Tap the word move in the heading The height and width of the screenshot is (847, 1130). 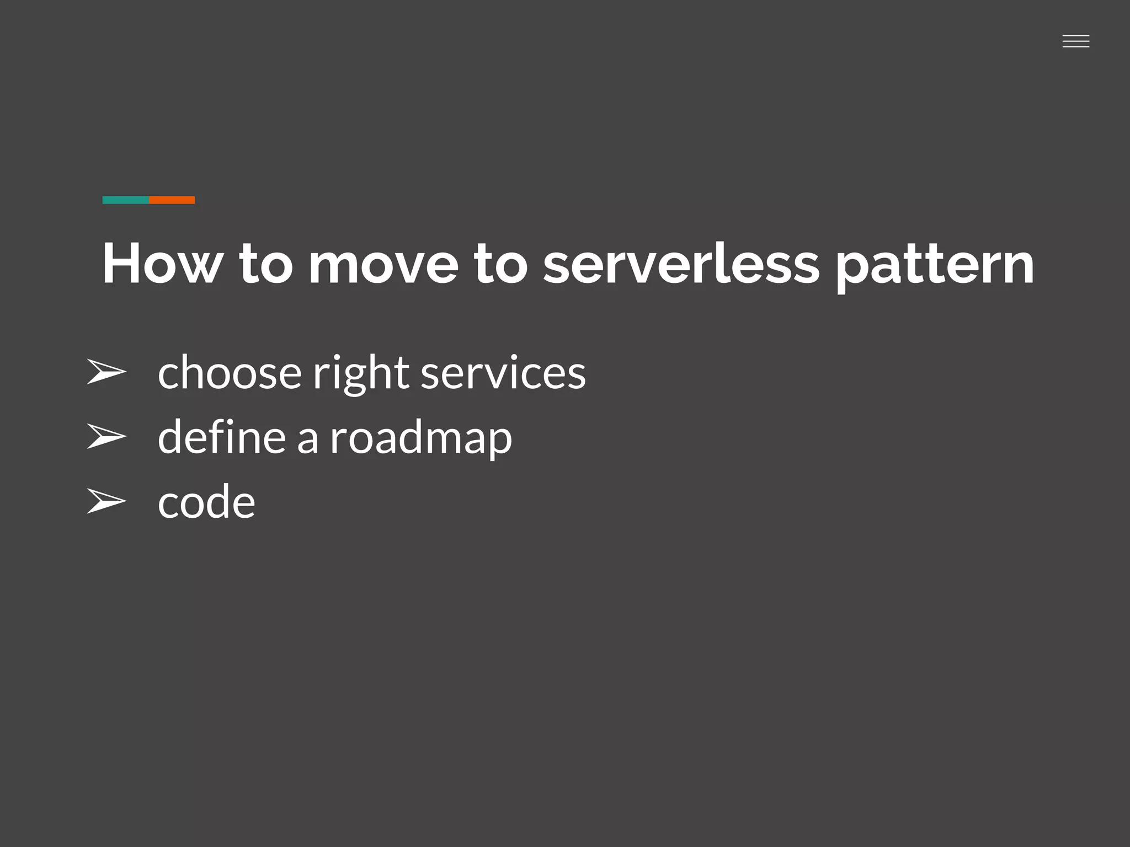coord(383,264)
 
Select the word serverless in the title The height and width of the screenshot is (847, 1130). coord(681,264)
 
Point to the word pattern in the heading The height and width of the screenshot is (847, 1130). coord(934,267)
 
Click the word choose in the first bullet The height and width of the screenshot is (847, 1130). coord(230,373)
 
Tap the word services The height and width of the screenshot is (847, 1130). coord(503,373)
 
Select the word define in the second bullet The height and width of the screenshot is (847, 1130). coord(221,437)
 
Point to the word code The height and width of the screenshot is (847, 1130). coord(206,502)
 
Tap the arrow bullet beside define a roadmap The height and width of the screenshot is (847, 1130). coord(106,436)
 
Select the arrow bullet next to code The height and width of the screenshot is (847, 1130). coord(106,501)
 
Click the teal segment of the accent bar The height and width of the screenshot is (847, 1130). coord(126,200)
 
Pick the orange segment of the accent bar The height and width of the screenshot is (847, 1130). coord(172,200)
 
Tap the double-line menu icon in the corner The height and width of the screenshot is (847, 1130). coord(1075,41)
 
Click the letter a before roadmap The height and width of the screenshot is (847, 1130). coord(307,439)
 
